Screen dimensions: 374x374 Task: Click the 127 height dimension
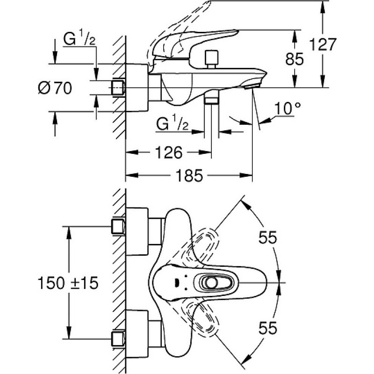coord(323,44)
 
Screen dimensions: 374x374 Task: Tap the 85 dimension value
coord(295,59)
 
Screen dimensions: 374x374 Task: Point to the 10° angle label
coord(288,108)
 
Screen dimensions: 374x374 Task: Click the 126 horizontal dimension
coord(169,152)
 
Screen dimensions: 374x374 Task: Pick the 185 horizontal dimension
coord(189,176)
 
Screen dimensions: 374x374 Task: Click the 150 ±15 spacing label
coord(68,283)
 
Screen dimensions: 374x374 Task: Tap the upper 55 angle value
coord(268,237)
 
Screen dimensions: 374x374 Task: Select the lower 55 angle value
coord(268,328)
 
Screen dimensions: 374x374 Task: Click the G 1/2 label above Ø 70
coord(79,39)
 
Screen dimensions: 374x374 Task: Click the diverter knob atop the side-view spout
coord(212,59)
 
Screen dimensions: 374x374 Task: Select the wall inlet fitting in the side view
coord(118,88)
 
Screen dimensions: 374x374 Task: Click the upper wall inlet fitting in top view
coord(118,226)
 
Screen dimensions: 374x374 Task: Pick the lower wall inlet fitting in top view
coord(118,338)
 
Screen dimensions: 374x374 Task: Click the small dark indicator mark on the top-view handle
coord(177,283)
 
